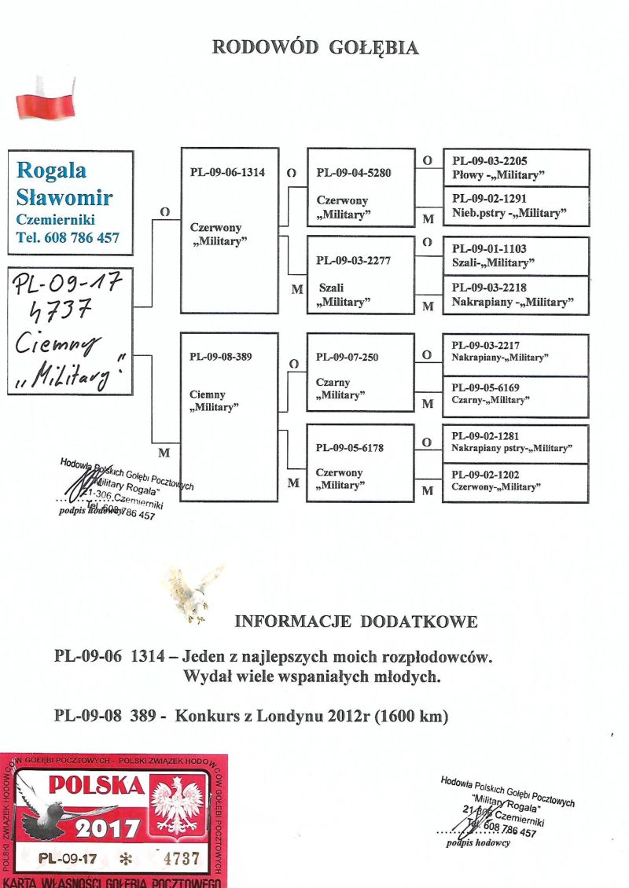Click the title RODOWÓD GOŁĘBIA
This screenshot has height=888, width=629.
315,48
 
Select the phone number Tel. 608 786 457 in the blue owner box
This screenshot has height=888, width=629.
68,237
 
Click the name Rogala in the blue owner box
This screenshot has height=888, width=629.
52,171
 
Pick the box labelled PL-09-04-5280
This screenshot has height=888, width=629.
360,187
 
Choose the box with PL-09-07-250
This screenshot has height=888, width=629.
360,372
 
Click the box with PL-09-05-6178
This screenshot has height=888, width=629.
360,463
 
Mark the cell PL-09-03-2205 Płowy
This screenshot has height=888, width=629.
516,167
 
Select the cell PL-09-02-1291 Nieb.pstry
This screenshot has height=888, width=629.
516,207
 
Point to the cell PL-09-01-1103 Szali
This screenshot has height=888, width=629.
516,255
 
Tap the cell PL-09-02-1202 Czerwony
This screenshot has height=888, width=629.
516,482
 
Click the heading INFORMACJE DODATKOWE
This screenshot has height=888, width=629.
355,622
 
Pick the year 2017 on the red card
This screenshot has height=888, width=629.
109,827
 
